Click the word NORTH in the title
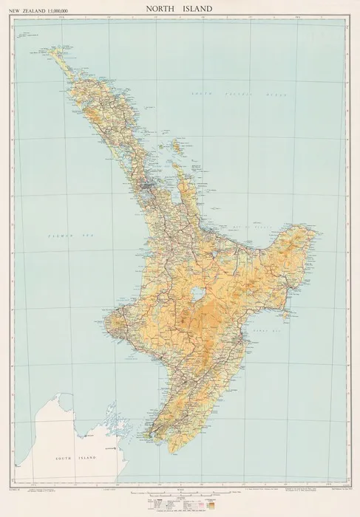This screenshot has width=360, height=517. (x=158, y=9)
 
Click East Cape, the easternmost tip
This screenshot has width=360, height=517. (x=318, y=235)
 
